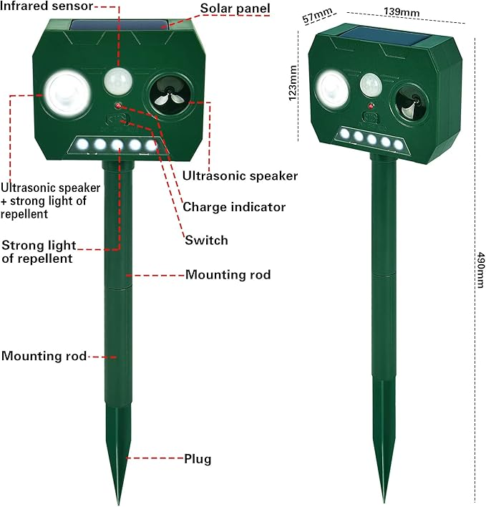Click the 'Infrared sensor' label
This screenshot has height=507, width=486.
(47, 6)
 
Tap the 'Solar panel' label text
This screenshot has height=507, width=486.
(235, 8)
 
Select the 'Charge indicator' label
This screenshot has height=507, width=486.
(234, 207)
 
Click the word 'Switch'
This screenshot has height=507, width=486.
(206, 240)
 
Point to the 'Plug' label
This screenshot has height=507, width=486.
(198, 459)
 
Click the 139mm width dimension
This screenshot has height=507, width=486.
(402, 12)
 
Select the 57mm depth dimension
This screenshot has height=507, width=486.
(317, 15)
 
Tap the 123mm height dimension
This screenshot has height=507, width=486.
(293, 83)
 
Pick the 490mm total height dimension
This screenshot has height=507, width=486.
(480, 270)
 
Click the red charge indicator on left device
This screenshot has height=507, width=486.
(118, 105)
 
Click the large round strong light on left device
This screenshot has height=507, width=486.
(67, 93)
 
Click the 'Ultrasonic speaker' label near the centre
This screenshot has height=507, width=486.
(240, 175)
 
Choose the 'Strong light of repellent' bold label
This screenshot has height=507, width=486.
(39, 252)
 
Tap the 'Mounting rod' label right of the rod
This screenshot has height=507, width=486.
(228, 274)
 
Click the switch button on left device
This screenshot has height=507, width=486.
(117, 120)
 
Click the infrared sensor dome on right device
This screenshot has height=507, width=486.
(371, 85)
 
